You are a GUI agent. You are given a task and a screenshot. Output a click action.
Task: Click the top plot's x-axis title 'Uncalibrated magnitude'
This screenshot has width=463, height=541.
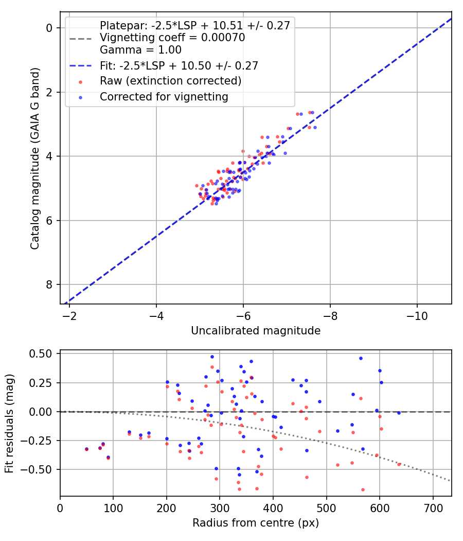click(x=256, y=331)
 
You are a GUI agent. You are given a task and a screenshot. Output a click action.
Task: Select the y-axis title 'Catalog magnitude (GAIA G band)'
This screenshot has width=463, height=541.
click(x=35, y=158)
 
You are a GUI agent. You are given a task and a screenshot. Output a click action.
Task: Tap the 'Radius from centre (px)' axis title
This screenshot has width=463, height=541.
click(x=256, y=523)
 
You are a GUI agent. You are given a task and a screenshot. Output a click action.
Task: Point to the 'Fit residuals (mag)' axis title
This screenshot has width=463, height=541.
click(x=9, y=424)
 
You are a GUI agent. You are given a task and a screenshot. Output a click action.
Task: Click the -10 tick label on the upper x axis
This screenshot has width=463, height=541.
click(x=417, y=316)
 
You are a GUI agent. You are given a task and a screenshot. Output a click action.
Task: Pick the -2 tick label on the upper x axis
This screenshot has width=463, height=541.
click(x=69, y=316)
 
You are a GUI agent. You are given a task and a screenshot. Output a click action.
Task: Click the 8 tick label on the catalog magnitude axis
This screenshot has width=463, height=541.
click(x=49, y=284)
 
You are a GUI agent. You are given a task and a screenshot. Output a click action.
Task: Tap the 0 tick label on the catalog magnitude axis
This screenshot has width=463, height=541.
click(x=49, y=28)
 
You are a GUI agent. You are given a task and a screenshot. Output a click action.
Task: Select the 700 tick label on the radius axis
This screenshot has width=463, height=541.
click(x=433, y=508)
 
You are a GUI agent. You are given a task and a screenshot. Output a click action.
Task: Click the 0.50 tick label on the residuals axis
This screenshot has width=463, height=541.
click(x=40, y=354)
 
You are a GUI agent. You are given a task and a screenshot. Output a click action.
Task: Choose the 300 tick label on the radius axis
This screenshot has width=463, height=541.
click(x=220, y=508)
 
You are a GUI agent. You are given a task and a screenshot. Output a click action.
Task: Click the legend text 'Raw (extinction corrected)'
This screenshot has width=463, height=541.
click(x=170, y=81)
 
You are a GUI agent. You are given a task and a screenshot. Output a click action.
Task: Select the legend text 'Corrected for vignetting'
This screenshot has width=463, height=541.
click(x=164, y=97)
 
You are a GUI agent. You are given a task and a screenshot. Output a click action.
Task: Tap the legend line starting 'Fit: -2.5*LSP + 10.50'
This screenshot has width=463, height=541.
click(x=179, y=65)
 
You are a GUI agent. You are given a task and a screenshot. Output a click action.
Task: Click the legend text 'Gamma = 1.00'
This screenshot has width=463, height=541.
click(x=140, y=49)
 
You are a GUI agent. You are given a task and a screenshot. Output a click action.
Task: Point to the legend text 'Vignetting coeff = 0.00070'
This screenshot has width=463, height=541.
click(x=172, y=38)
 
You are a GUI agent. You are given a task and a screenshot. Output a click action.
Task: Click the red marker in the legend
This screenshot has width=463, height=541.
click(x=81, y=82)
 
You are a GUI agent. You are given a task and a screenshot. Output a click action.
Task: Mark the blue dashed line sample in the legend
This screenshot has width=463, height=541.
click(x=81, y=65)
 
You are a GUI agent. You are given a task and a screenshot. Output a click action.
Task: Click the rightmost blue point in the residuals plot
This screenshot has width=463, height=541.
click(x=399, y=413)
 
